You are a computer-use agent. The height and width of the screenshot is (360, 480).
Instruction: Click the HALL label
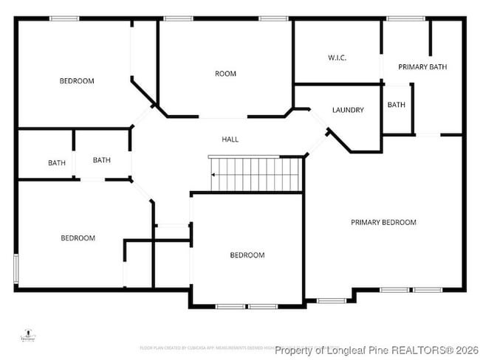point(230,139)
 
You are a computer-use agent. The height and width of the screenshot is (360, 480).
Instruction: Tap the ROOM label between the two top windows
point(225,74)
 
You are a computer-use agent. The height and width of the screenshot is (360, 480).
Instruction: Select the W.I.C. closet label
point(337,58)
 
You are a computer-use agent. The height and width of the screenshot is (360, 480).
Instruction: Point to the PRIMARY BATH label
point(422,67)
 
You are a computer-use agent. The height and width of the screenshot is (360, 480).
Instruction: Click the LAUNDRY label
point(348,111)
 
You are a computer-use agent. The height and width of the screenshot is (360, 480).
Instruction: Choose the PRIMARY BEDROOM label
point(383,222)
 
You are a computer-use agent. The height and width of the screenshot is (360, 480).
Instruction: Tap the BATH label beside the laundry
point(396,105)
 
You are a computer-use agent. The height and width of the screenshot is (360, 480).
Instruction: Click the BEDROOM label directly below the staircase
point(247,255)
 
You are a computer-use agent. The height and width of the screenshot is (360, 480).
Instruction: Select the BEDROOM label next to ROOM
point(77,81)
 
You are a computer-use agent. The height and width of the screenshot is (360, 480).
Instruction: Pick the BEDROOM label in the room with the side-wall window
point(78,238)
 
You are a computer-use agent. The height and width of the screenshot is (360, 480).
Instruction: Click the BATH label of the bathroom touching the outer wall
point(57,163)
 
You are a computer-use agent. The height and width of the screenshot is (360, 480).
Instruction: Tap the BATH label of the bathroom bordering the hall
point(102,160)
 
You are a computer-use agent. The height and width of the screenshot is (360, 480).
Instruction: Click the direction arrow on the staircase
point(213,175)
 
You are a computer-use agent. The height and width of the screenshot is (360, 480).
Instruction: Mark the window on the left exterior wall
point(16,271)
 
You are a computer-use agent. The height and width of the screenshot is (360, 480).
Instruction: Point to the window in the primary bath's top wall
point(401,18)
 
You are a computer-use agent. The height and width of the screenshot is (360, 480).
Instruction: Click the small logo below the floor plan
point(29,336)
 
